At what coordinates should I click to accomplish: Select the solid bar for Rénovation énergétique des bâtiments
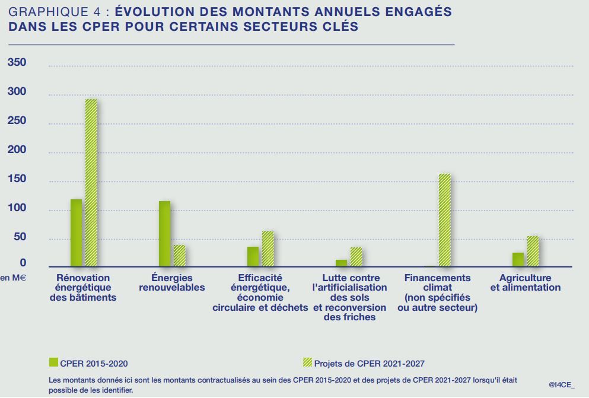(76, 233)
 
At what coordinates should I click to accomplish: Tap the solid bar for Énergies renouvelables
(164, 234)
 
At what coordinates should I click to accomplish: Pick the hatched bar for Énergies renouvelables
(179, 256)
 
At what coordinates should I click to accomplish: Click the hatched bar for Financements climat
(444, 220)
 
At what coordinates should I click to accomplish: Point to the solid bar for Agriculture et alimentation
(518, 260)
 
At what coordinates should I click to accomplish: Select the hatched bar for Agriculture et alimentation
(533, 251)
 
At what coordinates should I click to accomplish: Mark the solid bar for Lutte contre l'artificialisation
(341, 263)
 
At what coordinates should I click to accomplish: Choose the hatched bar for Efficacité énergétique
(268, 249)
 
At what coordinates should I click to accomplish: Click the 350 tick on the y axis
(17, 63)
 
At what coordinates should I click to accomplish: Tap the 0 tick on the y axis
(23, 263)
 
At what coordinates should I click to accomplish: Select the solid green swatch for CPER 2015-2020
(53, 362)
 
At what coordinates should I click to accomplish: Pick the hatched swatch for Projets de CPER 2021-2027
(306, 362)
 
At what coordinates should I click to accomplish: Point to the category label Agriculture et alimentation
(525, 282)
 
